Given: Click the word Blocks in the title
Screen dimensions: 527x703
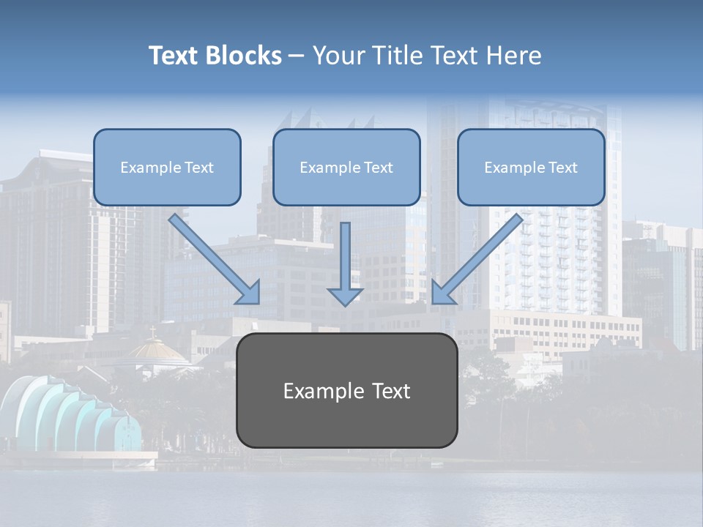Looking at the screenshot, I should tap(243, 56).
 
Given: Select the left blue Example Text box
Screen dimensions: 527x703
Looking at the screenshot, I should tap(167, 168).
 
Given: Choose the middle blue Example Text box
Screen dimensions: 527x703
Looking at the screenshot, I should tap(346, 168).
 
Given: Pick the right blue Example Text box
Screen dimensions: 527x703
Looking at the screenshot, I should tap(531, 168).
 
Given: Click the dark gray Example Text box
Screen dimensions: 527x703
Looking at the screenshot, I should tap(346, 391).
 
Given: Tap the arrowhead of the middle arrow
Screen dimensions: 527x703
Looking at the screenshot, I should tap(345, 296).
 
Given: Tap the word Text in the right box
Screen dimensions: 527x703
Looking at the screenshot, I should tap(562, 168).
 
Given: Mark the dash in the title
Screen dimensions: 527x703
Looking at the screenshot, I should tap(297, 56).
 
